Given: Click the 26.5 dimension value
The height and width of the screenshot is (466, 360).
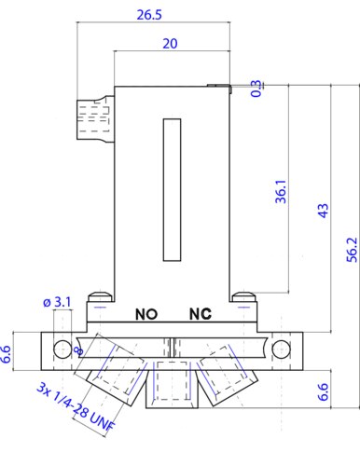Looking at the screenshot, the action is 149,15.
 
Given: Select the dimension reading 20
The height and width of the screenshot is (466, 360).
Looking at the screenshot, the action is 170,44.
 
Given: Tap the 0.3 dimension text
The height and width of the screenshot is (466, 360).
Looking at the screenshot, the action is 256,89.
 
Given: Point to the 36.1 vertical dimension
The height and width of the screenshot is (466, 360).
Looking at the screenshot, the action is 281,191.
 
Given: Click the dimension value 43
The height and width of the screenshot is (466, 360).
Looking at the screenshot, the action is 324,211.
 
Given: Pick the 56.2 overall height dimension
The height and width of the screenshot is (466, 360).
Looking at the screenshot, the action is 353,250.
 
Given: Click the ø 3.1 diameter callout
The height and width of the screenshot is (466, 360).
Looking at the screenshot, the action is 57,302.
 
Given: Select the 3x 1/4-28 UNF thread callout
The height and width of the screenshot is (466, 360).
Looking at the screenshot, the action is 76,406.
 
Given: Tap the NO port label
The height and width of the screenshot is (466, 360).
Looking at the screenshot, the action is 146,314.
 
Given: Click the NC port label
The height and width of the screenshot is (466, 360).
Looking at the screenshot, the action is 201,314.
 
